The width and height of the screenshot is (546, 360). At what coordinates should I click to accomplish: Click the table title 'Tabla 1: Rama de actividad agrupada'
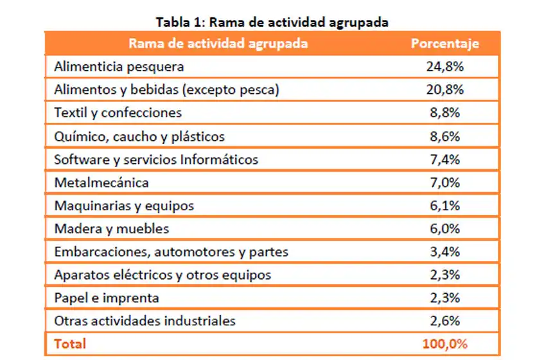point(272,22)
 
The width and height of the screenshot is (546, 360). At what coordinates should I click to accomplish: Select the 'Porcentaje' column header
point(445,44)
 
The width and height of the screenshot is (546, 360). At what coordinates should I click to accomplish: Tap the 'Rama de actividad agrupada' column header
point(218,44)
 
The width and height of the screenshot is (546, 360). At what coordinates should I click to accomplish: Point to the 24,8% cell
point(445,66)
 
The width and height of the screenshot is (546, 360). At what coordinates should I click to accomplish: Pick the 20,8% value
point(445,89)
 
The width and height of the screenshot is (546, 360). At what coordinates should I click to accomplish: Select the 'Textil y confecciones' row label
point(118,113)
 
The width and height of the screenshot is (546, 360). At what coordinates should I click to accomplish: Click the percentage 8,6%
point(445,136)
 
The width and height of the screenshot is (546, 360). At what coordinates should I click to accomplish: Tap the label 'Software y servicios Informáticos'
point(156,159)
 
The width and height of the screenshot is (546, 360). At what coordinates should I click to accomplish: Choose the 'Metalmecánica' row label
point(101,182)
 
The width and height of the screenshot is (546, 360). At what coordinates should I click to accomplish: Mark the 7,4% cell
point(445,159)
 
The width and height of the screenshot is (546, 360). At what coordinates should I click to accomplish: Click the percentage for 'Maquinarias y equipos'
point(445,205)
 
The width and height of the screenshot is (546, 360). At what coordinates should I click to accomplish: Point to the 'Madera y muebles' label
point(112,228)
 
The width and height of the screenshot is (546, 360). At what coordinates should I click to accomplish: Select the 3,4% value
point(445,251)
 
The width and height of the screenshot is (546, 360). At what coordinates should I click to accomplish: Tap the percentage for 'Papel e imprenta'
point(445,298)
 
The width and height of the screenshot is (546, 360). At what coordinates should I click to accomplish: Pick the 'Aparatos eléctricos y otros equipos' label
point(163,274)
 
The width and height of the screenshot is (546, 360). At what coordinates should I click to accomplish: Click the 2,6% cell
point(445,320)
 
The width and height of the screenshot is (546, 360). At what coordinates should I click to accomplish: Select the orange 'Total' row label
point(70,344)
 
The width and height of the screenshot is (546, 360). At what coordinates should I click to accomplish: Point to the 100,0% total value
point(445,344)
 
